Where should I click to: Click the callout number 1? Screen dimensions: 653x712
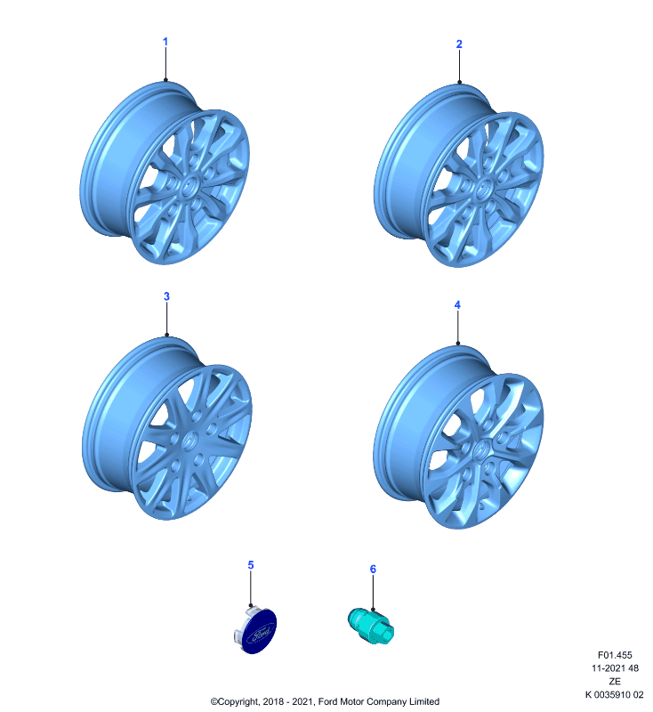[x=165, y=42]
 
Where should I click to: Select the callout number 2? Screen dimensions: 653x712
[x=459, y=44]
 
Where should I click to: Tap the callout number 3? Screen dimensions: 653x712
[x=166, y=296]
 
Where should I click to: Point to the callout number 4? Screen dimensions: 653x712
[x=457, y=305]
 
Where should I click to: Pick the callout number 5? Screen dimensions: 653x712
[x=251, y=565]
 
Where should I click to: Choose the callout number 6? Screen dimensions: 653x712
[x=373, y=569]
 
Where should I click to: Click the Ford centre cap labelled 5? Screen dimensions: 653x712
[x=255, y=629]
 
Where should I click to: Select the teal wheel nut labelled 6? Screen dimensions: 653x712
[x=371, y=627]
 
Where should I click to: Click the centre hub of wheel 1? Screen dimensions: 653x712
[x=189, y=186]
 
